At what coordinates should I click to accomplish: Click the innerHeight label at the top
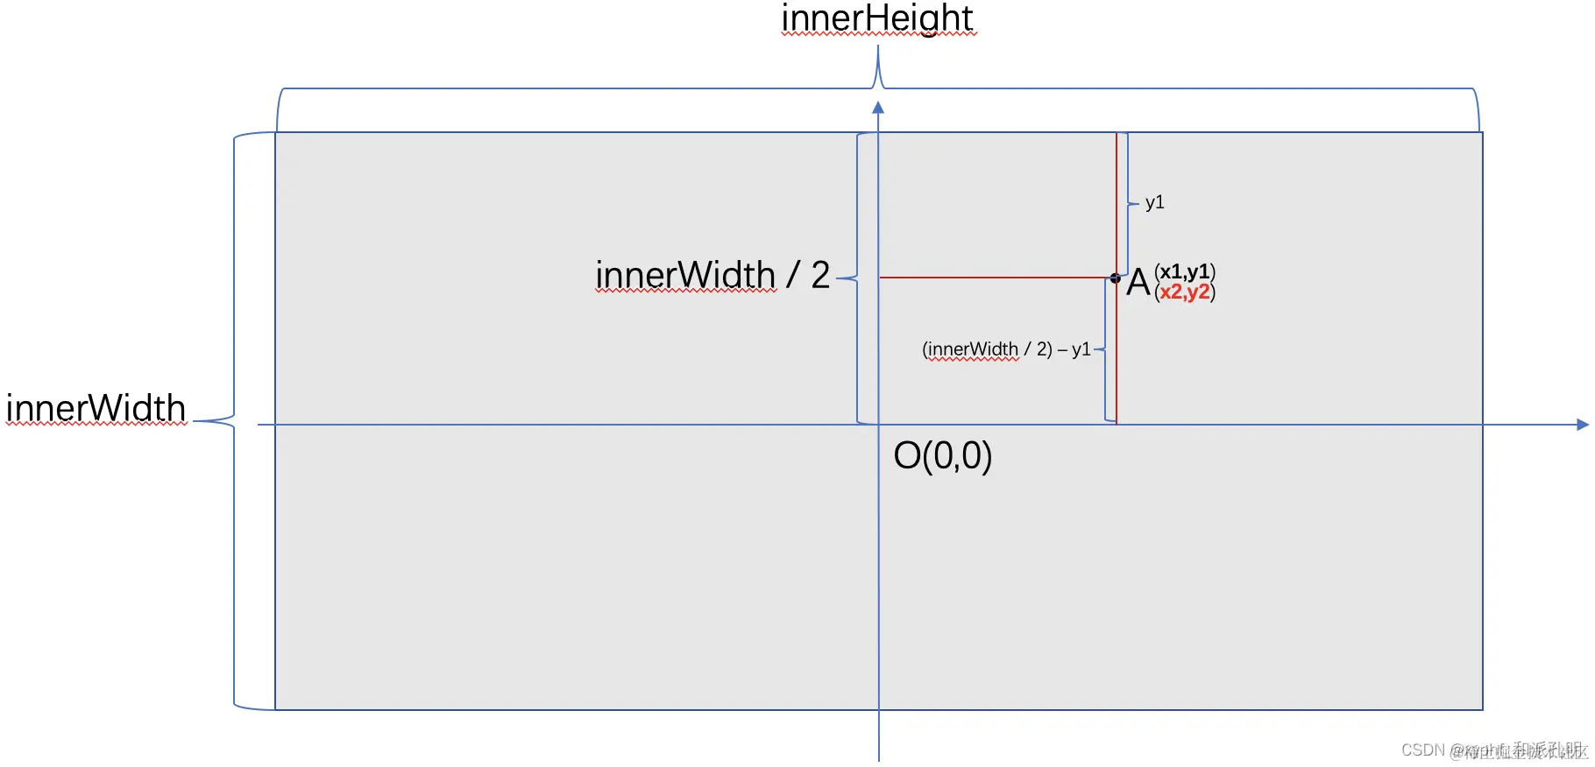pos(877,18)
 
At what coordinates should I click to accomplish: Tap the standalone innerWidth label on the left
pos(96,408)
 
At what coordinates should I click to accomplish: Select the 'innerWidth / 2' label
pos(712,276)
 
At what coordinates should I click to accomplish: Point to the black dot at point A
pos(1115,278)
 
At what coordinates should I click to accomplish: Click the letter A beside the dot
pos(1138,283)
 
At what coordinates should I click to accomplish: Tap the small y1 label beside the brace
pos(1154,202)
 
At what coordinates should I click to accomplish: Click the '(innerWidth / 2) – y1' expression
pos(1005,349)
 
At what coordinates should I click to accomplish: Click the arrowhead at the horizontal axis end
pos(1582,425)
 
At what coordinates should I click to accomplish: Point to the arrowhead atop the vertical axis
pos(878,108)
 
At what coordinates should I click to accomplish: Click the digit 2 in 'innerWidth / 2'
pos(820,276)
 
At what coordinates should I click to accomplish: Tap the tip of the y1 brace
pos(1137,204)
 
